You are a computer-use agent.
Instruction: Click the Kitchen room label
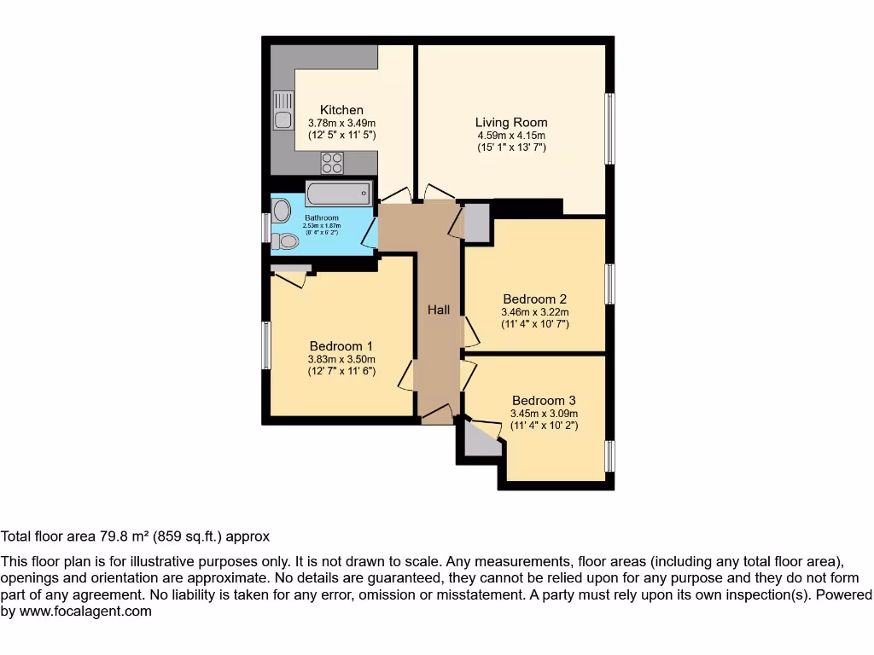(341, 110)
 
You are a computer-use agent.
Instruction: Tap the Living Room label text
(511, 122)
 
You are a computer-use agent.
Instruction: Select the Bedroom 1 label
(341, 346)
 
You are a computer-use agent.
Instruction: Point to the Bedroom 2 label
(534, 299)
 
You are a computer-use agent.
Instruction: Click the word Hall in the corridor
(439, 310)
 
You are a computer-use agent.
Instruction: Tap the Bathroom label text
(322, 218)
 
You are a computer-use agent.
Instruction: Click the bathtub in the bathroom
(339, 194)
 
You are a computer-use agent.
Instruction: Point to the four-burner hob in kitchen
(332, 162)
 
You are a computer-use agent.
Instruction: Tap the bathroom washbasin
(282, 210)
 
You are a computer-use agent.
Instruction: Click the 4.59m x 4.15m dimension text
(511, 136)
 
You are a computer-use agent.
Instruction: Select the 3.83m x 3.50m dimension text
(341, 360)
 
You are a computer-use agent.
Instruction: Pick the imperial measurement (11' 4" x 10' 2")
(544, 425)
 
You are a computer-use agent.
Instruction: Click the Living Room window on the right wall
(609, 128)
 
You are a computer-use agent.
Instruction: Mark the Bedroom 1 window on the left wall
(266, 345)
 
